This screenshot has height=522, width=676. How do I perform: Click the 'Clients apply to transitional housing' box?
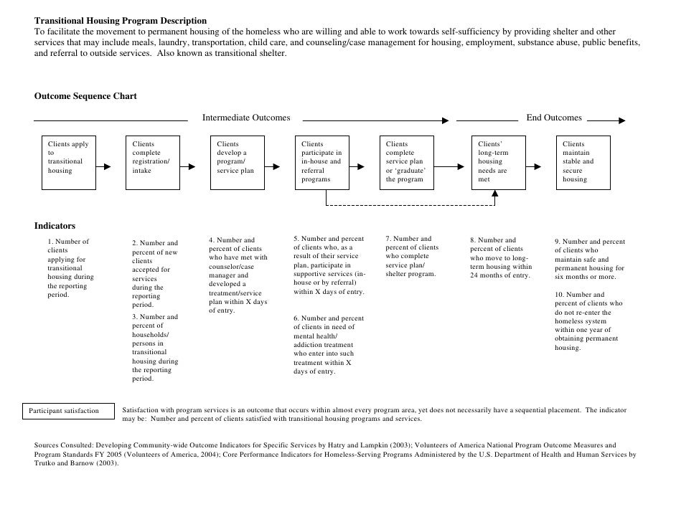67,162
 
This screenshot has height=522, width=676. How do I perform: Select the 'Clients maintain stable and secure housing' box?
583,162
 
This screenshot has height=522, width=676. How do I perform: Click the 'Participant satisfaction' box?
70,411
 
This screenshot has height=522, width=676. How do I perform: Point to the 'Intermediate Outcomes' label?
246,118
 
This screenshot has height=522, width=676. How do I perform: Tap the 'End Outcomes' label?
554,118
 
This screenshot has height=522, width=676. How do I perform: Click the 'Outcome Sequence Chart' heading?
85,96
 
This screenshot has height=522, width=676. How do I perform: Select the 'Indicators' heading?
55,226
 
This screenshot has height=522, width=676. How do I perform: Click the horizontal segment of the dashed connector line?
409,206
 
